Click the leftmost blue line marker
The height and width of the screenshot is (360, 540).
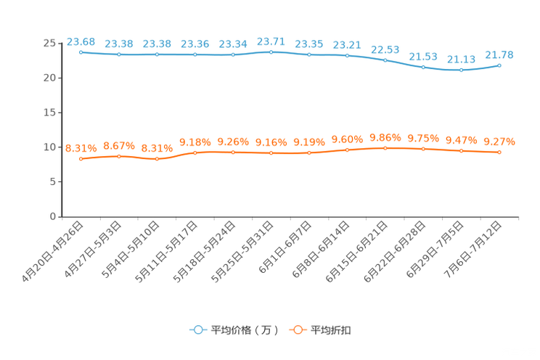[x=81, y=52]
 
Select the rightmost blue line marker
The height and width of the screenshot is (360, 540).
[x=499, y=65]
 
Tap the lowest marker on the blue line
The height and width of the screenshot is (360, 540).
[x=461, y=70]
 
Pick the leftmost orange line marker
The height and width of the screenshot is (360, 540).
[x=81, y=158]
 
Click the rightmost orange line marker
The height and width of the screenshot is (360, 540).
[x=499, y=152]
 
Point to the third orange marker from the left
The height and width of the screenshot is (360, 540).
[x=157, y=158]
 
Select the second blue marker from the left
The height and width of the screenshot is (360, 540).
[x=119, y=54]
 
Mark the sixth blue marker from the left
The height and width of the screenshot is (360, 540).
[x=271, y=52]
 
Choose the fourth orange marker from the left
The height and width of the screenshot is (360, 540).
[x=195, y=152]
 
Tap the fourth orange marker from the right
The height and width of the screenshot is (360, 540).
[x=385, y=148]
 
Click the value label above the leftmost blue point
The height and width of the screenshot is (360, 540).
[x=81, y=41]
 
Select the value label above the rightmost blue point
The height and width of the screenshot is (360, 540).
[x=499, y=54]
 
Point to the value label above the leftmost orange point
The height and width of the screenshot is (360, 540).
[x=81, y=148]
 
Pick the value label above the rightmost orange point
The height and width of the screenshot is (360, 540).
[x=499, y=142]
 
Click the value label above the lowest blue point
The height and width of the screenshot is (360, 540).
[x=461, y=60]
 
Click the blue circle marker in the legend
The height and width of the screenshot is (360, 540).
[x=197, y=330]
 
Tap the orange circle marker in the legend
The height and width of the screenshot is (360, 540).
[x=297, y=330]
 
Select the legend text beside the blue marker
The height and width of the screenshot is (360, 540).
[x=244, y=330]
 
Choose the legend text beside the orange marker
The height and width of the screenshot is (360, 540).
[x=332, y=330]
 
